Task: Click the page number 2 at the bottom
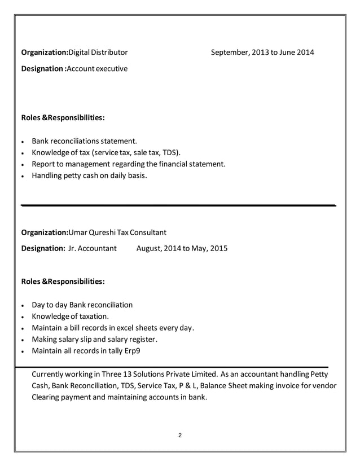coord(179,435)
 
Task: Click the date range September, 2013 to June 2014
coord(262,53)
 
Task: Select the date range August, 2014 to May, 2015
coord(182,248)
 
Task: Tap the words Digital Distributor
coord(98,53)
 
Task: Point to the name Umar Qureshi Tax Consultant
coord(117,232)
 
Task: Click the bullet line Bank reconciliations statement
coord(84,140)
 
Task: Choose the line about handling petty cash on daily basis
coord(89,176)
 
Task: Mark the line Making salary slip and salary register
coord(94,339)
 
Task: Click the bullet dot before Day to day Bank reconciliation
coord(22,305)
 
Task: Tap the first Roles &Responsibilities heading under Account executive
coord(63,118)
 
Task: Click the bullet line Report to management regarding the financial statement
coord(129,164)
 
